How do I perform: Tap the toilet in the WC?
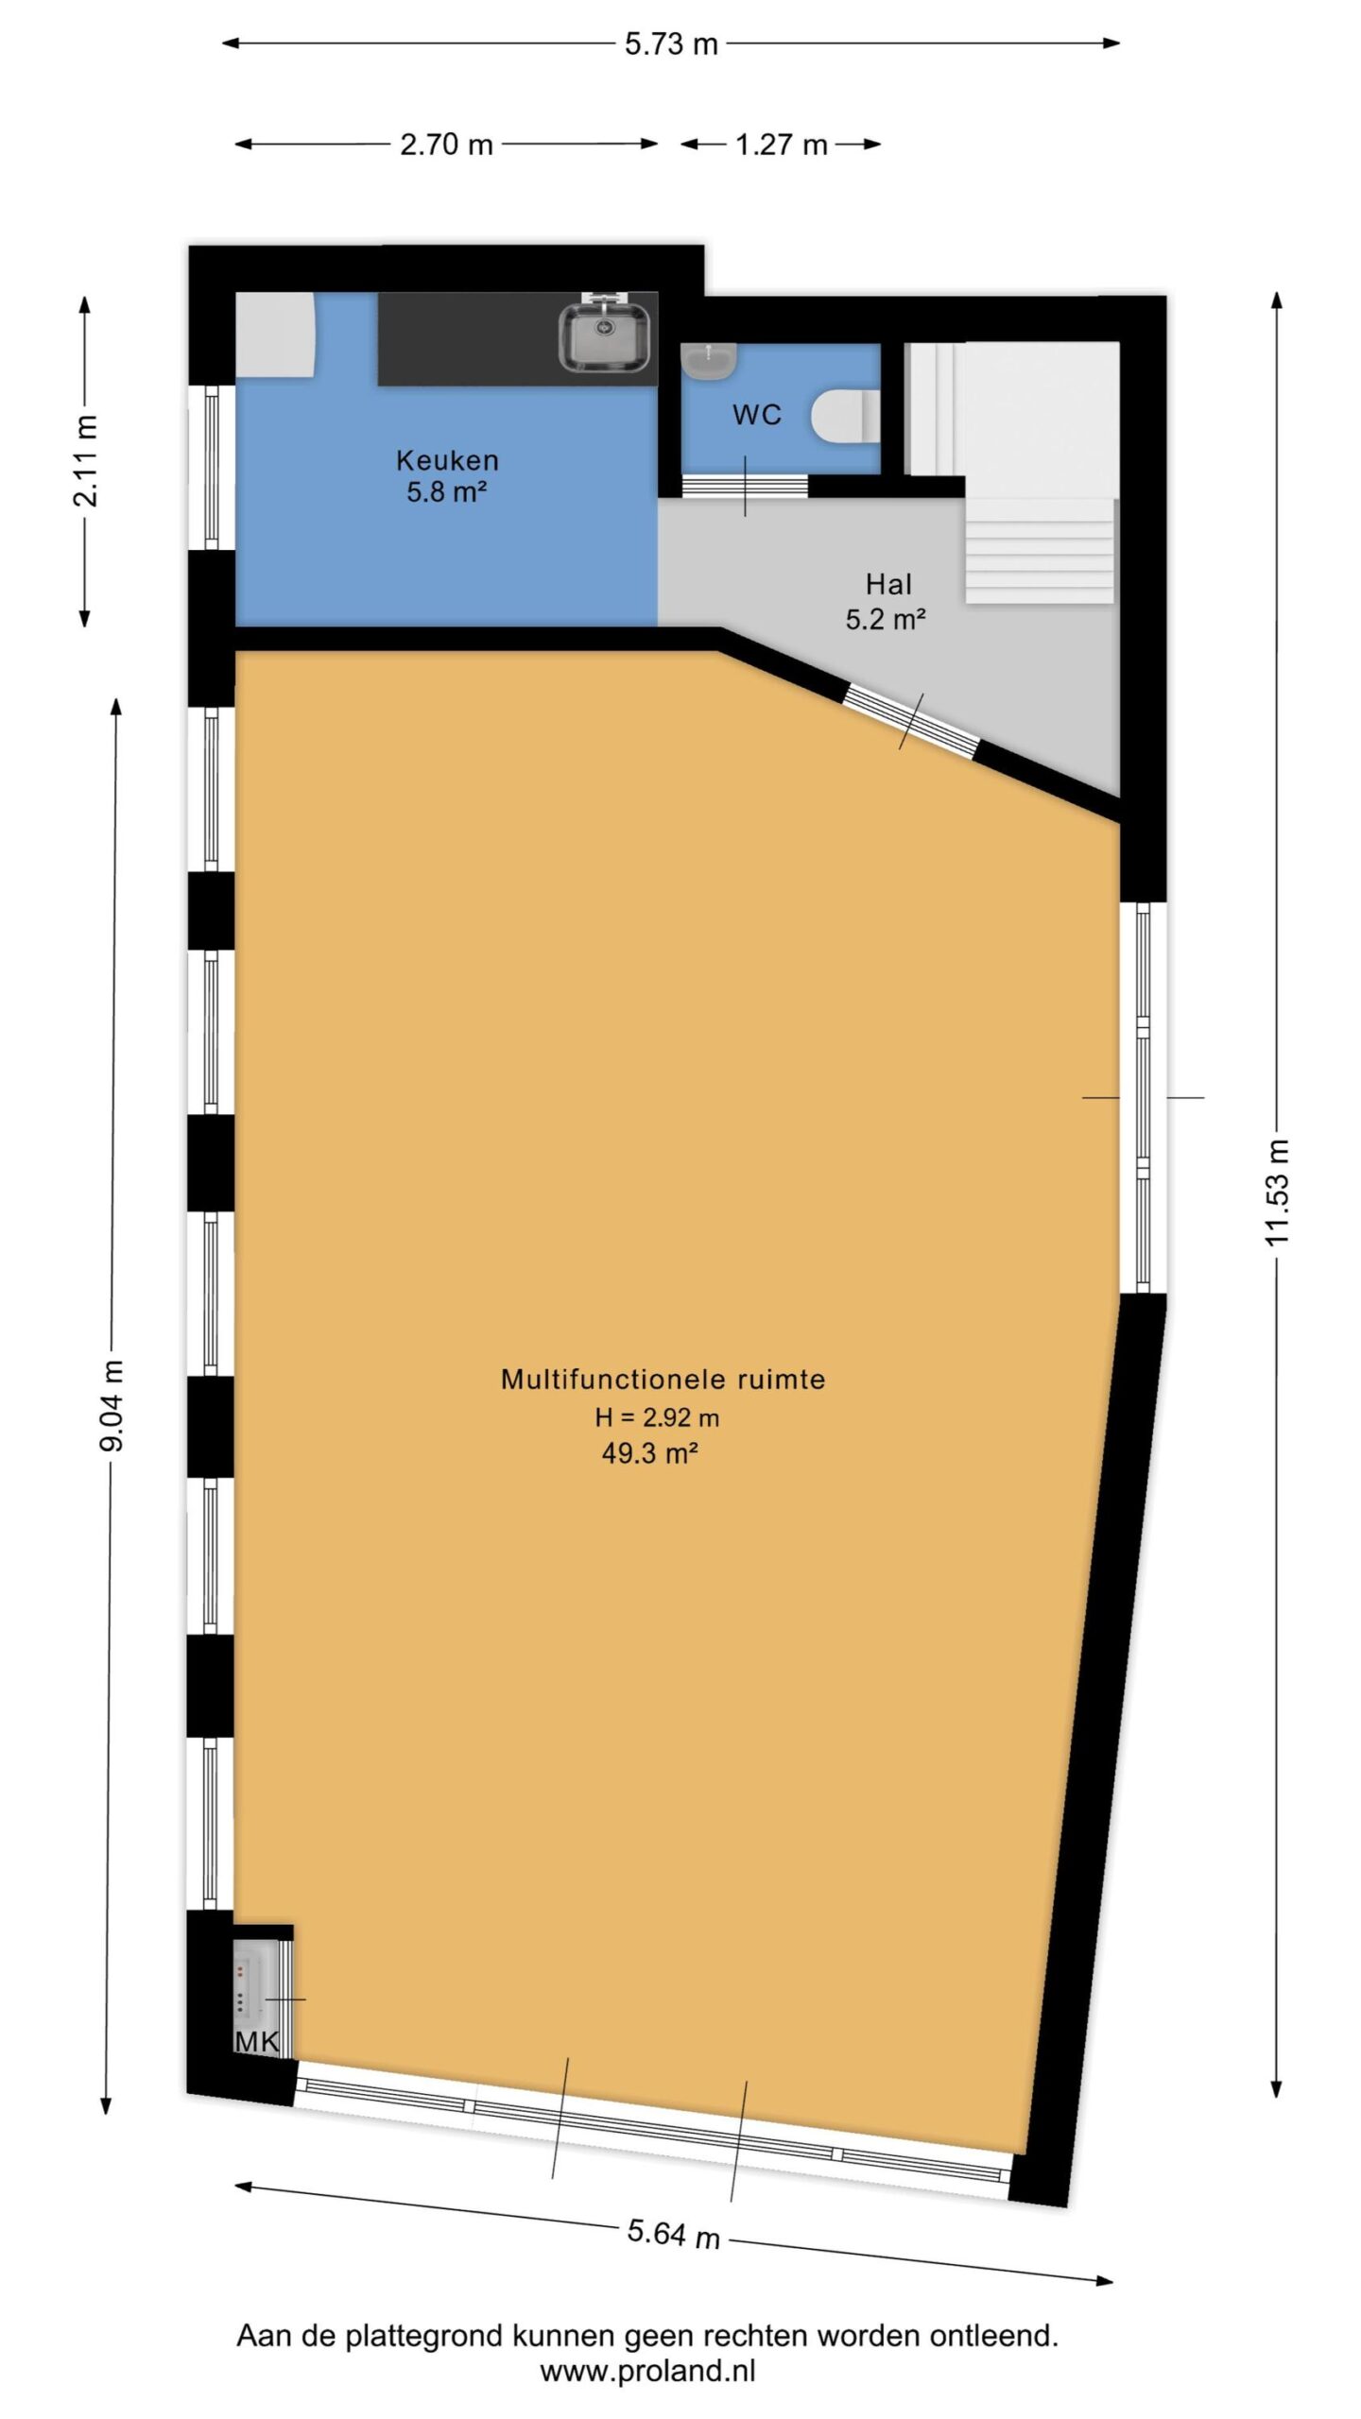point(847,416)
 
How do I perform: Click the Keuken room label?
point(447,460)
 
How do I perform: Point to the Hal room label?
point(888,584)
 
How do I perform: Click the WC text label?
point(756,415)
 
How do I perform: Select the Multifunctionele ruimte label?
point(663,1379)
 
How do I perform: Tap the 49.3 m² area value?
point(649,1452)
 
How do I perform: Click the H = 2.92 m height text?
point(657,1416)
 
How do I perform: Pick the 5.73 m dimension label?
point(671,43)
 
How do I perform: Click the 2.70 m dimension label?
point(446,145)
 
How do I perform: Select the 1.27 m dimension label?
point(782,145)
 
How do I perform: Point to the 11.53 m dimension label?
point(1277,1192)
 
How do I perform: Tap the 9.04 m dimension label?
point(112,1405)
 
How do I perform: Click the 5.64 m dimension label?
point(674,2234)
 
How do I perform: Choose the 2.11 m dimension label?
point(85,460)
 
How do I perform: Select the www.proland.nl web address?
point(647,2371)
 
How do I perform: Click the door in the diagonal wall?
point(911,722)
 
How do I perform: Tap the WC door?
point(745,486)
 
